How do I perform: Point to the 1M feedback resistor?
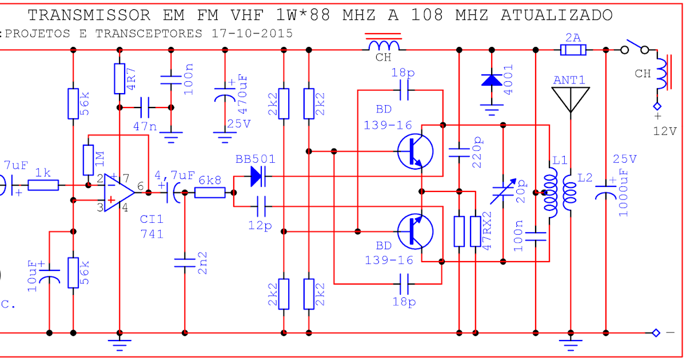(x=88, y=160)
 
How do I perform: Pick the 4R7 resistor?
(x=119, y=78)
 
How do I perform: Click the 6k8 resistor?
(x=210, y=193)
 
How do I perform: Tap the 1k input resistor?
(x=43, y=185)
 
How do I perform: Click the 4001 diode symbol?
(x=491, y=79)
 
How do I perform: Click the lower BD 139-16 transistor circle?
(x=415, y=231)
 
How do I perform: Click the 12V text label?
(x=665, y=131)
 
